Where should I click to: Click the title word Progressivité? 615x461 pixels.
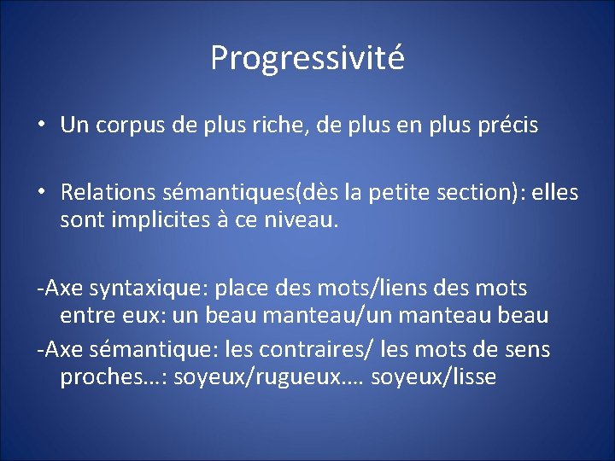click(307, 58)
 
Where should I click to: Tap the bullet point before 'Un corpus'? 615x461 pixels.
click(41, 125)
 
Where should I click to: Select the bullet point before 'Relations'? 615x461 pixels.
click(41, 194)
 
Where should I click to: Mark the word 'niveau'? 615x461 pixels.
click(303, 220)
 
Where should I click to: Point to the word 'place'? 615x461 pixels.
click(241, 288)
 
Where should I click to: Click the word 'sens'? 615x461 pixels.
click(527, 349)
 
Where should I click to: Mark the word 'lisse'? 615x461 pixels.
click(471, 376)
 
